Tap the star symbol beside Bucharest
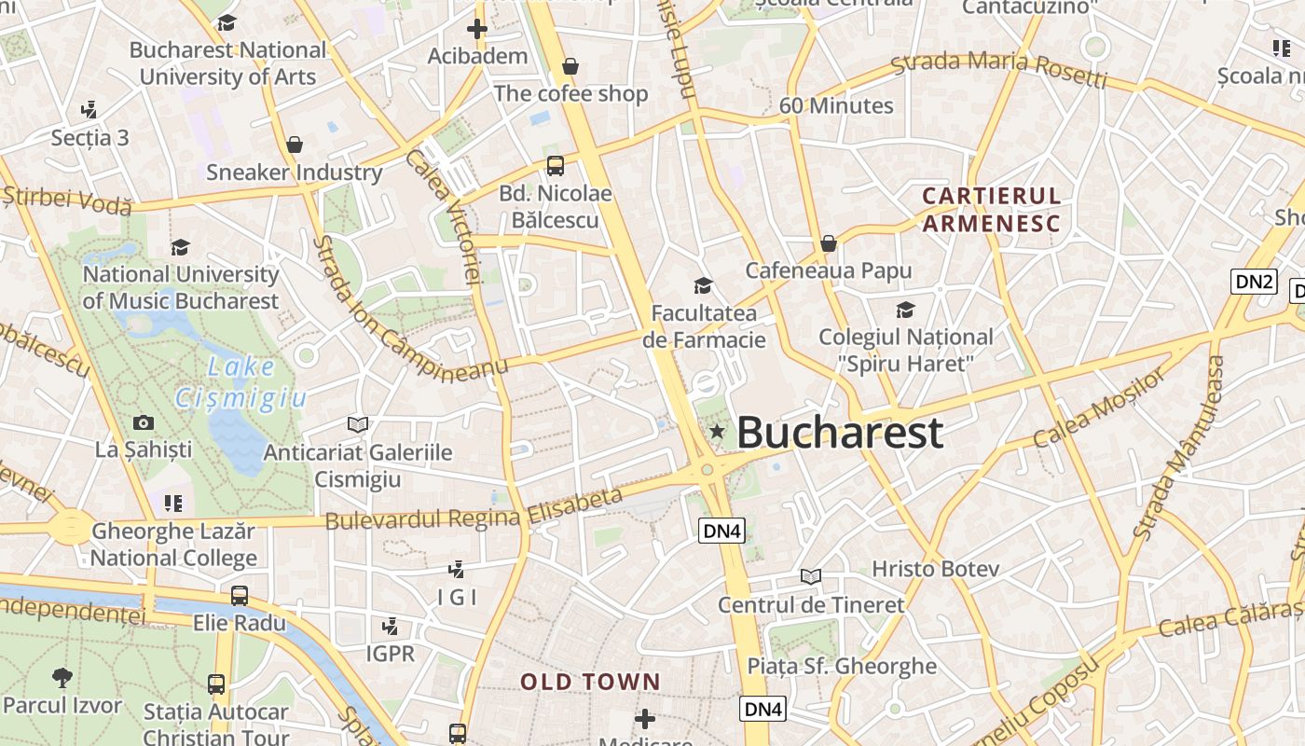717,431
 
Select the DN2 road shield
1253,282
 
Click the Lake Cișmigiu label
240,383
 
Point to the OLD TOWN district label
590,682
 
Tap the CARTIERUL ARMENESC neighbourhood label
991,210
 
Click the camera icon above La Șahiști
144,422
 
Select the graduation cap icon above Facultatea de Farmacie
703,285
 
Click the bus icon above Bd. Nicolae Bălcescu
555,166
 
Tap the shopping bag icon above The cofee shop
570,66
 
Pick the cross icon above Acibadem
477,29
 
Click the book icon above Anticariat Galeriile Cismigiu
358,424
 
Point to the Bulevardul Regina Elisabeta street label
474,510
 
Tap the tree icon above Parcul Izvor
62,677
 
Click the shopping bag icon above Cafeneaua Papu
828,243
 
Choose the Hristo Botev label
935,569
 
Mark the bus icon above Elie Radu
240,595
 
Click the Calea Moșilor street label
1100,408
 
